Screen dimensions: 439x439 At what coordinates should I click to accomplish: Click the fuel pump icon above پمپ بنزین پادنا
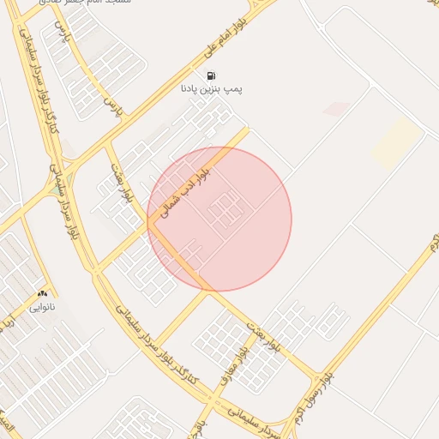click(212, 75)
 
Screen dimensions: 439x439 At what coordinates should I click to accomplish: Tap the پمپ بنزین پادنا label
click(212, 88)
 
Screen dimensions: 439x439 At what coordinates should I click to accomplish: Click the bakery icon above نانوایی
click(42, 293)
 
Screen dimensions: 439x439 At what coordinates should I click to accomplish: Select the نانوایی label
click(42, 305)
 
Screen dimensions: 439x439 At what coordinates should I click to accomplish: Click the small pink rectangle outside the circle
click(337, 109)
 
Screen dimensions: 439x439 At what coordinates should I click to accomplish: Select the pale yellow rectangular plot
click(396, 141)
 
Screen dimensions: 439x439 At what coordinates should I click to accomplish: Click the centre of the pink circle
click(219, 219)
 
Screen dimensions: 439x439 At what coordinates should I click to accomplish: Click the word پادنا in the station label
click(191, 88)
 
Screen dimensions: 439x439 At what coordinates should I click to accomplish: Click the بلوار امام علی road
click(163, 86)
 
